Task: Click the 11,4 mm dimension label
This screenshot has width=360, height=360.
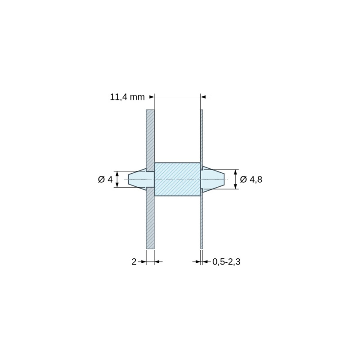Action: click(127, 97)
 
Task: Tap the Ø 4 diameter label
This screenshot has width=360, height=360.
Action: click(105, 179)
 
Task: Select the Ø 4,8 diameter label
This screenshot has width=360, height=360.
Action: click(251, 179)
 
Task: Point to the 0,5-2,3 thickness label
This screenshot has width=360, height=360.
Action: click(226, 262)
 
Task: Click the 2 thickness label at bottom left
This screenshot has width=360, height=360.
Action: click(134, 262)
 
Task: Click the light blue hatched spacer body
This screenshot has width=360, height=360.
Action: click(177, 179)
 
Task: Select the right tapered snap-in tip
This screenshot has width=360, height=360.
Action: click(213, 179)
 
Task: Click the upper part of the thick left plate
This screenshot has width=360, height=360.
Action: click(150, 140)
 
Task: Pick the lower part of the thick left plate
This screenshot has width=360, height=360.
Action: click(150, 218)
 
